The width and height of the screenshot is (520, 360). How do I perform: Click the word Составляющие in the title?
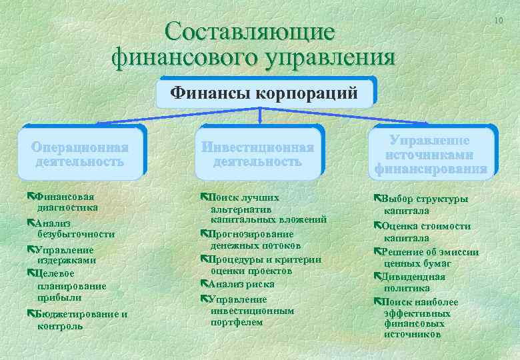(x=251, y=31)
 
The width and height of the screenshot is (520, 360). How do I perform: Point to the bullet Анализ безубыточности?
(x=71, y=229)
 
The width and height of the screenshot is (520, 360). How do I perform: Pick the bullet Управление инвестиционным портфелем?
(x=246, y=311)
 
